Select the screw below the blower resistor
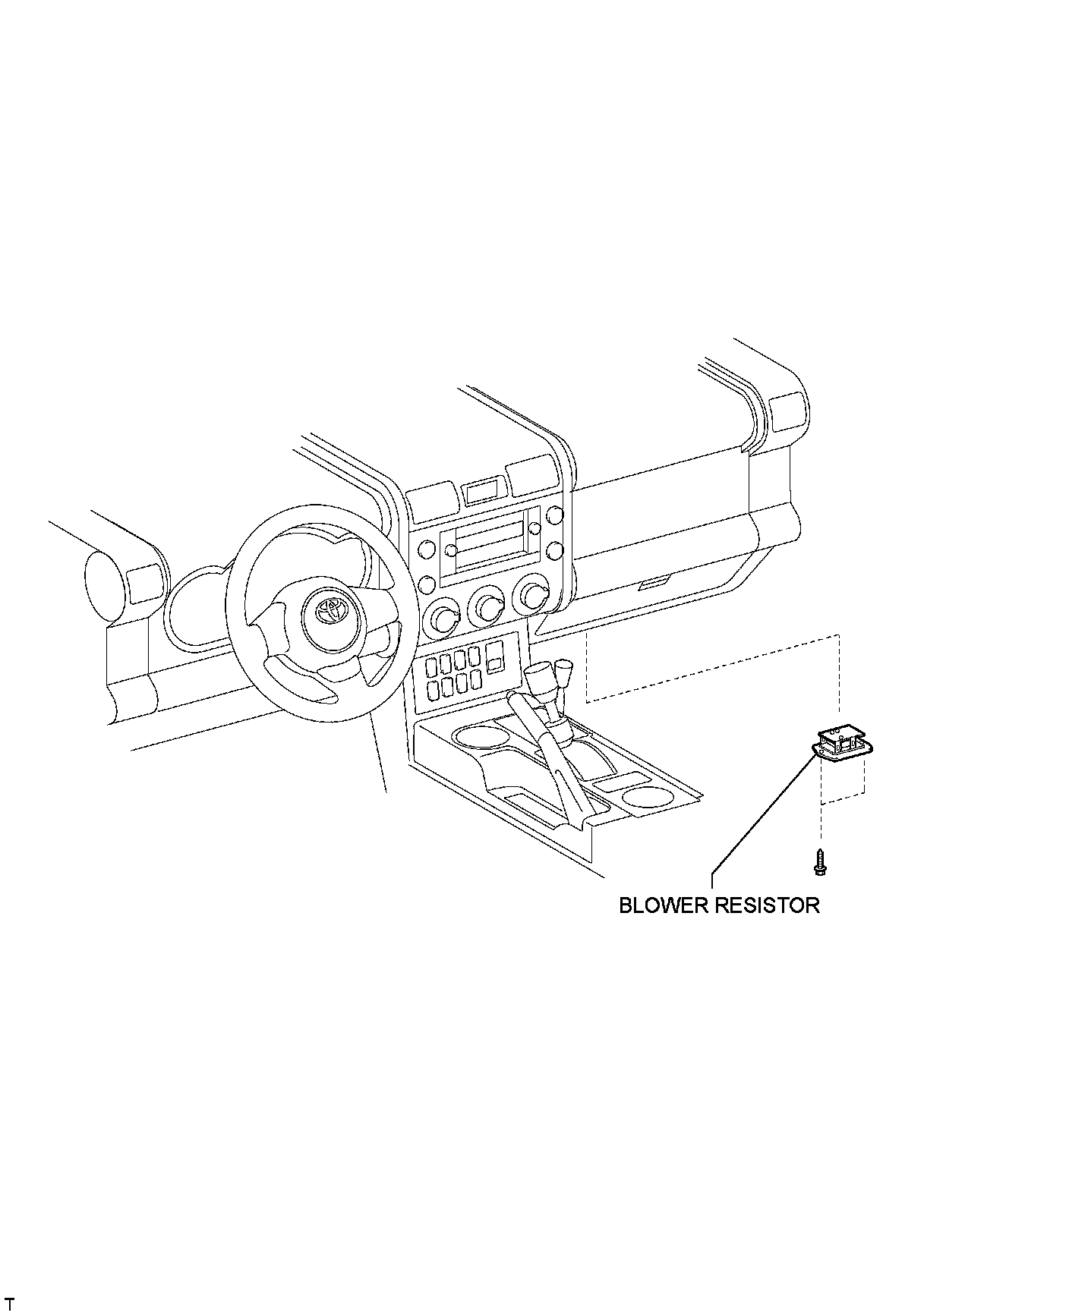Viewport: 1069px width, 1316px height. click(820, 861)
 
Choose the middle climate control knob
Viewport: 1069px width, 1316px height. click(487, 605)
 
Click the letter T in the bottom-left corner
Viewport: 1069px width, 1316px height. click(9, 1304)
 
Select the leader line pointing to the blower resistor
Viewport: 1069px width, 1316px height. click(759, 813)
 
